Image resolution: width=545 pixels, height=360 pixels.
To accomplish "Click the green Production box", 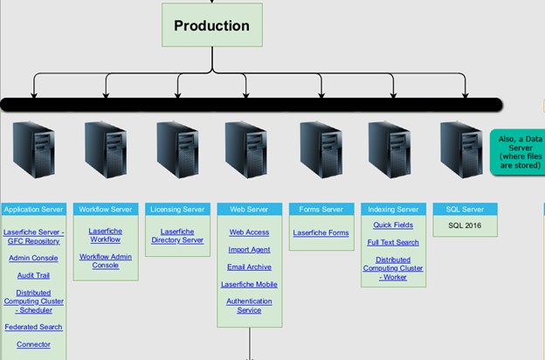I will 211,25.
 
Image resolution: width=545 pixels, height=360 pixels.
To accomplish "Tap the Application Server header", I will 33,210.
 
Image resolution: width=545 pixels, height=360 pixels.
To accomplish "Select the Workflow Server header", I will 105,210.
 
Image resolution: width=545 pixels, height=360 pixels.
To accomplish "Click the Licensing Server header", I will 177,210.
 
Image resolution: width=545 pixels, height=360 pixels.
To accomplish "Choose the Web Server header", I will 249,210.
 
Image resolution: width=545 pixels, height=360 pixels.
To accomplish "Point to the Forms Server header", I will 321,210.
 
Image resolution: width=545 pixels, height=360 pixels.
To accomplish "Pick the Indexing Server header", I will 393,210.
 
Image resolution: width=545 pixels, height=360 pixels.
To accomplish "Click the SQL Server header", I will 465,210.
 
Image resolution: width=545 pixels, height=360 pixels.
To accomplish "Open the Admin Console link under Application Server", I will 33,258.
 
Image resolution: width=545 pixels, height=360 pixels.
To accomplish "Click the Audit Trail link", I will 33,275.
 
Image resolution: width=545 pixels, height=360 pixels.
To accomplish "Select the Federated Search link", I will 33,327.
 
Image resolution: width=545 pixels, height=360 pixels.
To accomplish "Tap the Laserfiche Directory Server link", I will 177,236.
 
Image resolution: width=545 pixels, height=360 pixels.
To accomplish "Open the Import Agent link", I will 249,250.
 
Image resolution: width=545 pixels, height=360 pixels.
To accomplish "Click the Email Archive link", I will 249,267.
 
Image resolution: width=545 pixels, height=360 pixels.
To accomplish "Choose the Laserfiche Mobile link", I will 249,284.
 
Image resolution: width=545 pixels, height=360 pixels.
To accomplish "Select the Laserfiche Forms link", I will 321,232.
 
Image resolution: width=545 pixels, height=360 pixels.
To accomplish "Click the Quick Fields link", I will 393,225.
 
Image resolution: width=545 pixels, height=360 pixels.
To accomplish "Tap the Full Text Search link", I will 393,242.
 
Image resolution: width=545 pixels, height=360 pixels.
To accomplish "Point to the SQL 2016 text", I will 465,225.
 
